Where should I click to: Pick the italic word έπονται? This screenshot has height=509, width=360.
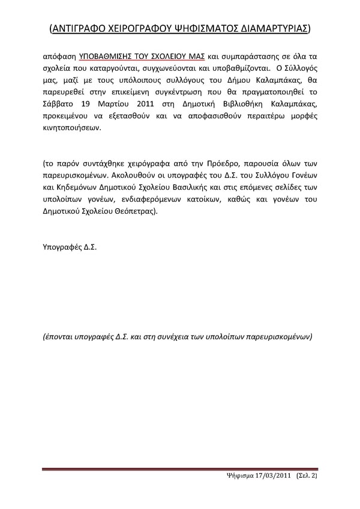click(59, 336)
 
